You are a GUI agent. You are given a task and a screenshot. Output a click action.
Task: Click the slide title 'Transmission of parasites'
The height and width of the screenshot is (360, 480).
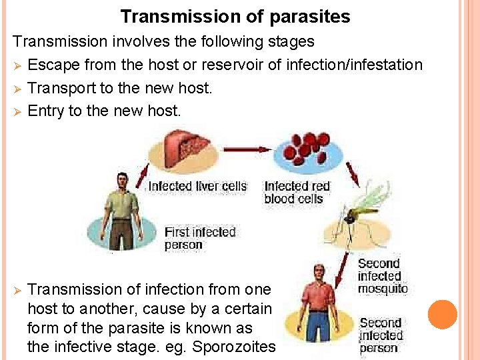pos(235,16)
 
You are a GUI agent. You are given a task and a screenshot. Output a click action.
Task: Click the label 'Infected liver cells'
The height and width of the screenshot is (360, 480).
pos(197,186)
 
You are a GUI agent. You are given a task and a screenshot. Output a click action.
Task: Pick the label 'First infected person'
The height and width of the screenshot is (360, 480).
pos(200,238)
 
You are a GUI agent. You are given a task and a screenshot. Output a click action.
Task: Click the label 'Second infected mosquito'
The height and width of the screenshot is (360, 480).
pos(382,276)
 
